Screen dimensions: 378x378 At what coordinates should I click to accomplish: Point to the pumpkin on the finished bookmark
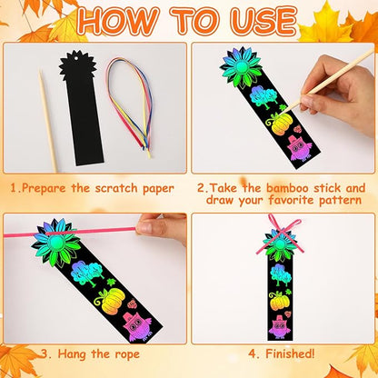tap(277, 300)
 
